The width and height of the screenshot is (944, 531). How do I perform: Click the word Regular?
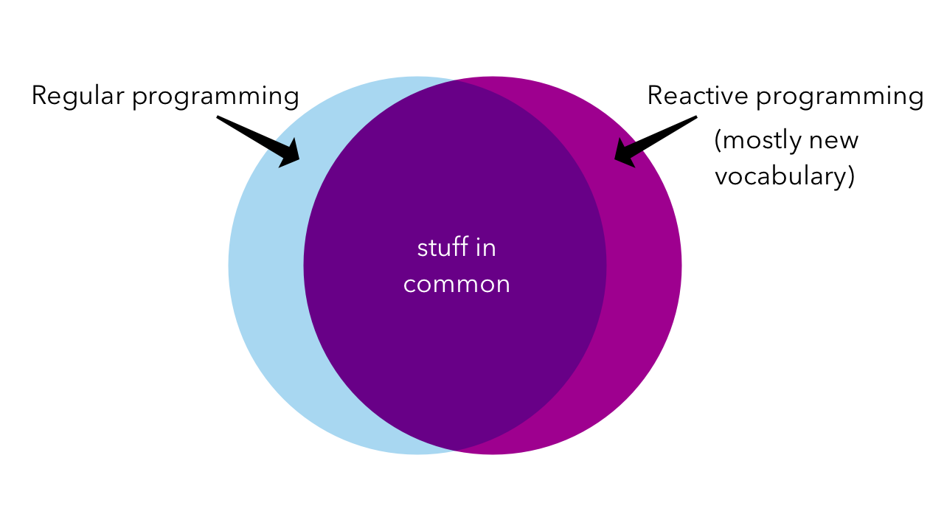78,97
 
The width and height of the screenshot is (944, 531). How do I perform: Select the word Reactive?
698,95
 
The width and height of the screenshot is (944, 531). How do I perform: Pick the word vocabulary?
780,176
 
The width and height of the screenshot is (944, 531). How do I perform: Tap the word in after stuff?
486,248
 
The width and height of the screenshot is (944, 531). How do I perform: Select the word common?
457,285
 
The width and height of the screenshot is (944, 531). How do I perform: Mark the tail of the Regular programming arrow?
218,117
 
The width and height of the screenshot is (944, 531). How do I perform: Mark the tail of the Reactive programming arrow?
696,117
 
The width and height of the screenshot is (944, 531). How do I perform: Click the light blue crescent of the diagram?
266,265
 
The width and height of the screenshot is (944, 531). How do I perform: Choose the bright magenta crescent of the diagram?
644,265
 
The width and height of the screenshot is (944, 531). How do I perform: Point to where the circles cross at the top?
455,80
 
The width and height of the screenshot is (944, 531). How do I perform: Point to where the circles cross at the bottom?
455,451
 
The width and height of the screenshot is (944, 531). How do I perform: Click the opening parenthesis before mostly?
718,141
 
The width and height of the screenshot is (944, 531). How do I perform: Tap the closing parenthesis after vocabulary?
850,177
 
